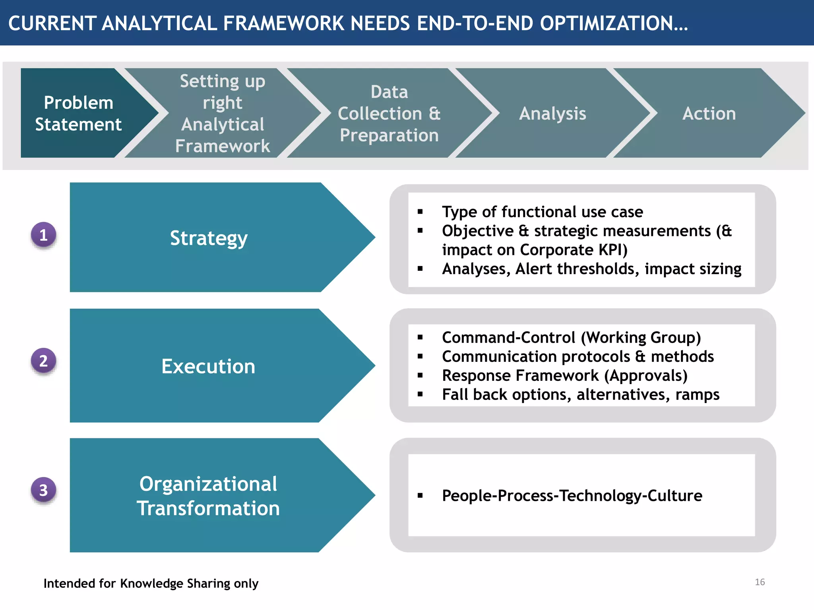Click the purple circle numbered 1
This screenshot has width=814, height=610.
44,235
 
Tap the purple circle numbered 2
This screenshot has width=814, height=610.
44,361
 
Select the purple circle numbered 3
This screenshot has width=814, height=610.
44,490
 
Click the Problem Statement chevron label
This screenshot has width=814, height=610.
78,114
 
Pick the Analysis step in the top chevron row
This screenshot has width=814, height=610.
552,114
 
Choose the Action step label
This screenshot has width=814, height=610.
709,114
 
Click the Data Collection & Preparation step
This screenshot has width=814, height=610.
389,114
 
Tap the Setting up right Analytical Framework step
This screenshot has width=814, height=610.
223,114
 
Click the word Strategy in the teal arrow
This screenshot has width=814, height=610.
209,238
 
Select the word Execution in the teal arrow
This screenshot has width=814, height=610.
208,366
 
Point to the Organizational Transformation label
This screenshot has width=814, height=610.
208,496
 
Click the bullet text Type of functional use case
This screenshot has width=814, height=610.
542,212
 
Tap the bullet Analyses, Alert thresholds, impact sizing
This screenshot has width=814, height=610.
591,269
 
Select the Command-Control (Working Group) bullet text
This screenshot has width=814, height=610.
571,338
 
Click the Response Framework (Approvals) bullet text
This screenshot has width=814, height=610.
564,376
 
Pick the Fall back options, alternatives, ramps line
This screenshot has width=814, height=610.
580,395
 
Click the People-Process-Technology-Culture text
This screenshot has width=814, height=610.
572,496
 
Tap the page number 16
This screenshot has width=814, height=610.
760,582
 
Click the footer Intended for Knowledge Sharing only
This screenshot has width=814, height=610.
151,583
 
